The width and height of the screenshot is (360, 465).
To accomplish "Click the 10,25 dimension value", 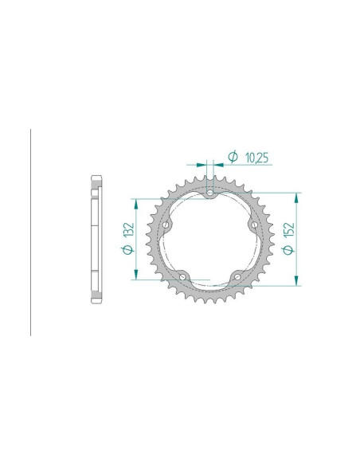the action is click(256, 158).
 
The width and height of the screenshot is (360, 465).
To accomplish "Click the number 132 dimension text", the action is click(129, 229).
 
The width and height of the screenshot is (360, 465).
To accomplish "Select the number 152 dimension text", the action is click(289, 229).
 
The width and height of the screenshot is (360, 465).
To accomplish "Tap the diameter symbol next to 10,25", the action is click(233, 157).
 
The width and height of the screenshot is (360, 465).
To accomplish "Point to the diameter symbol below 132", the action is click(128, 249).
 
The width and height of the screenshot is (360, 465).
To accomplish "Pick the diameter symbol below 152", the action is click(288, 250).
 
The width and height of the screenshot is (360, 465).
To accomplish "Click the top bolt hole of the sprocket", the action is click(210, 193).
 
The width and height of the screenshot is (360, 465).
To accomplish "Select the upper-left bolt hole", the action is click(166, 225).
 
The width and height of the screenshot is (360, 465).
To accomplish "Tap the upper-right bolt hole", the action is click(254, 225).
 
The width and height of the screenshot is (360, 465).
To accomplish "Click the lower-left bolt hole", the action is click(182, 277).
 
